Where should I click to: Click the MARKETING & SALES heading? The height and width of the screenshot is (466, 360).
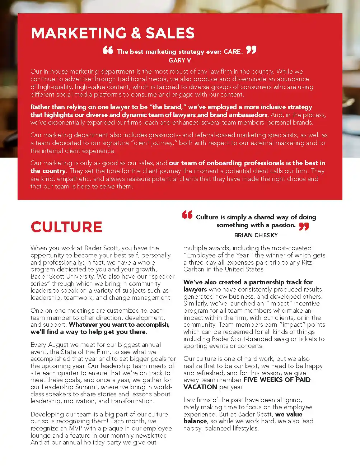[x=113, y=33]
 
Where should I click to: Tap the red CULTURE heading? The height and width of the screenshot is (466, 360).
[x=66, y=227]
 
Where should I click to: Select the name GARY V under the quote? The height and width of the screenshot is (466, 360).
[x=180, y=60]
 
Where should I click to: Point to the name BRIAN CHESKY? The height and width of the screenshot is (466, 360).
[x=256, y=235]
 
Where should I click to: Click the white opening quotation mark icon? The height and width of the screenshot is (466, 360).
[x=108, y=50]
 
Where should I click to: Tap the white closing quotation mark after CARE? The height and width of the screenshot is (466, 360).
[x=251, y=50]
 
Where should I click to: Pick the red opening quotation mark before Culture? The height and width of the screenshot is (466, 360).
[x=187, y=215]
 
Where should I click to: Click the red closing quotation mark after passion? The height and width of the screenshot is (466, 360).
[x=304, y=226]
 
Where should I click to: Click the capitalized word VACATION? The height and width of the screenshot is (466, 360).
[x=200, y=387]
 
